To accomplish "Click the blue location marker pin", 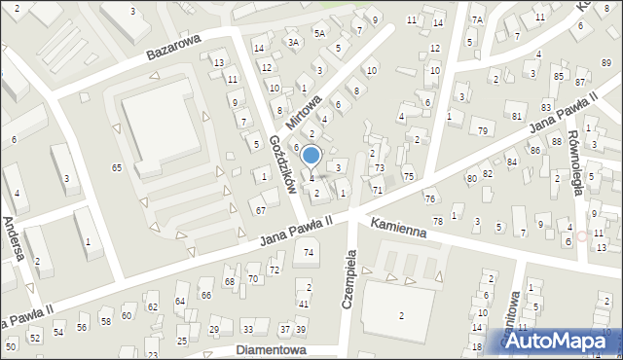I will point(311,156).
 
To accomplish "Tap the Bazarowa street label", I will point(173,47).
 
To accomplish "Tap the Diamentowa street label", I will point(272,349).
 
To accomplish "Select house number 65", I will point(117,168).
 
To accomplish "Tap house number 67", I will point(260,210).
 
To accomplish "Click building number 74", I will point(310,253).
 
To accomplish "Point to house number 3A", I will point(293,42).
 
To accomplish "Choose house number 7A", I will point(477,19).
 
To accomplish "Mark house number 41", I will point(303,304).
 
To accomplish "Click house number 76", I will point(429,198).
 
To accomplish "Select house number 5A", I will point(318,32).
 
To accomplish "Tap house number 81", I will point(516,116).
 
